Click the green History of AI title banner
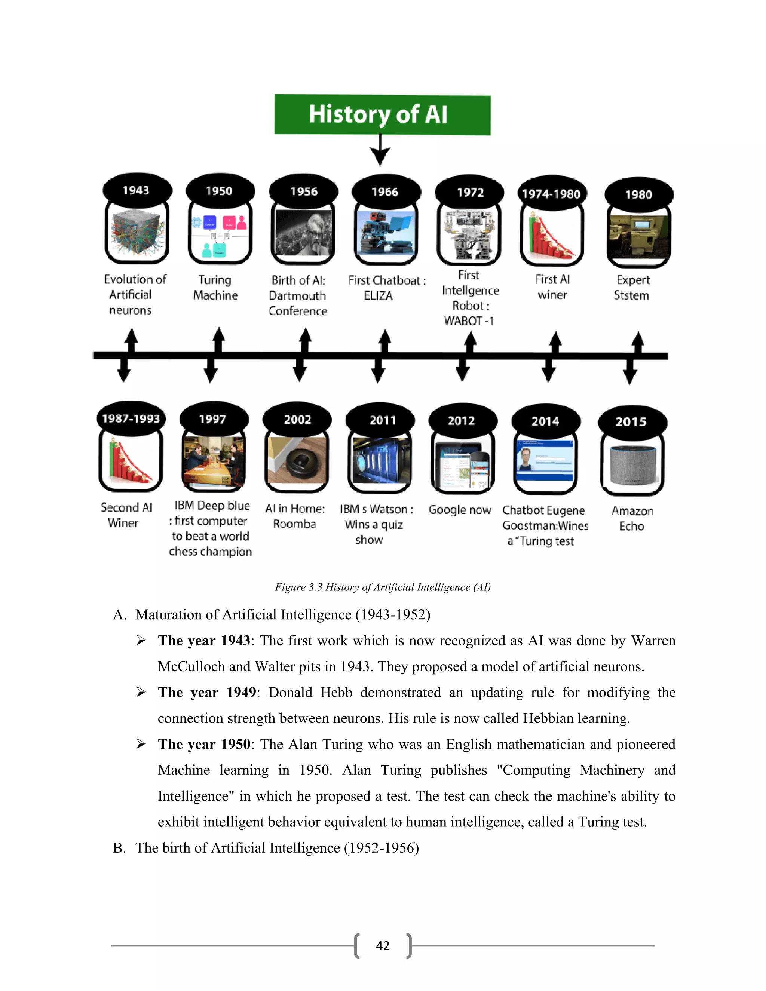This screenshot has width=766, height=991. tap(382, 115)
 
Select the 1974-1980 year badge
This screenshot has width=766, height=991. tap(551, 194)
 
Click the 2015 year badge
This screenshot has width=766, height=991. tap(632, 422)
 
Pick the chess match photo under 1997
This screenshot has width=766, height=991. tap(214, 461)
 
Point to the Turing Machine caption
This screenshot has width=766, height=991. tap(215, 288)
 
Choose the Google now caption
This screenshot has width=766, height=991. tap(460, 510)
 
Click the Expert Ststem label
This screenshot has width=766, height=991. tap(632, 288)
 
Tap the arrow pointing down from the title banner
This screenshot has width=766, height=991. tap(380, 151)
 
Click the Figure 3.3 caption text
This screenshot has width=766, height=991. tap(383, 587)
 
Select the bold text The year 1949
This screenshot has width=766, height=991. tap(207, 693)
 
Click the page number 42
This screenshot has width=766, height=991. tap(383, 946)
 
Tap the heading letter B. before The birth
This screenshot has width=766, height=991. tap(119, 848)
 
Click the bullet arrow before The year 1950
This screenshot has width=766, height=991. tap(141, 744)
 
